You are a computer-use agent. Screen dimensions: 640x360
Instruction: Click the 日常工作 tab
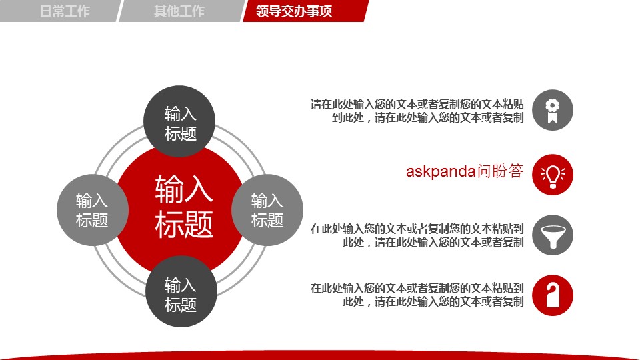[61, 11]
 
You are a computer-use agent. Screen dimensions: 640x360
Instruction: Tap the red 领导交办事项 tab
[305, 11]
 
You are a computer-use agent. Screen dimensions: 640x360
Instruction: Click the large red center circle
[180, 208]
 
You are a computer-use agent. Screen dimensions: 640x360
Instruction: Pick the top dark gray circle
[179, 121]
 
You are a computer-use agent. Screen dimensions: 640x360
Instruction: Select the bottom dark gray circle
[181, 291]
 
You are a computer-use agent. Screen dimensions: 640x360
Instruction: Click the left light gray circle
[93, 210]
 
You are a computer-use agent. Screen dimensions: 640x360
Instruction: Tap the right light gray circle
[267, 210]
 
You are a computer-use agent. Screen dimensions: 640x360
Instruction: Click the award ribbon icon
[552, 110]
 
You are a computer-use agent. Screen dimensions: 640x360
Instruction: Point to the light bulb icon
[552, 175]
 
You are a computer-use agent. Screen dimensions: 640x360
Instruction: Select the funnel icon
[552, 235]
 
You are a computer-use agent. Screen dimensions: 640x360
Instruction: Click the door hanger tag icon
[552, 295]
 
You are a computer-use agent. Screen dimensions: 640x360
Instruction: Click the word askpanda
[441, 171]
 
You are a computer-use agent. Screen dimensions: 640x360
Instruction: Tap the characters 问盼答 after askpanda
[500, 171]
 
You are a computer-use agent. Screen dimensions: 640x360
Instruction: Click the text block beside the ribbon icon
[417, 111]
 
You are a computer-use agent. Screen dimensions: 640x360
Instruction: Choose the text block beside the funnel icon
[417, 235]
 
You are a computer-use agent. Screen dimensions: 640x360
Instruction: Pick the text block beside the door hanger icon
[417, 295]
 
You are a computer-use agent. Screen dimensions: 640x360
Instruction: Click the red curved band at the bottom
[320, 355]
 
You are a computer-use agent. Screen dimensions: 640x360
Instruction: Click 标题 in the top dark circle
[181, 133]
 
